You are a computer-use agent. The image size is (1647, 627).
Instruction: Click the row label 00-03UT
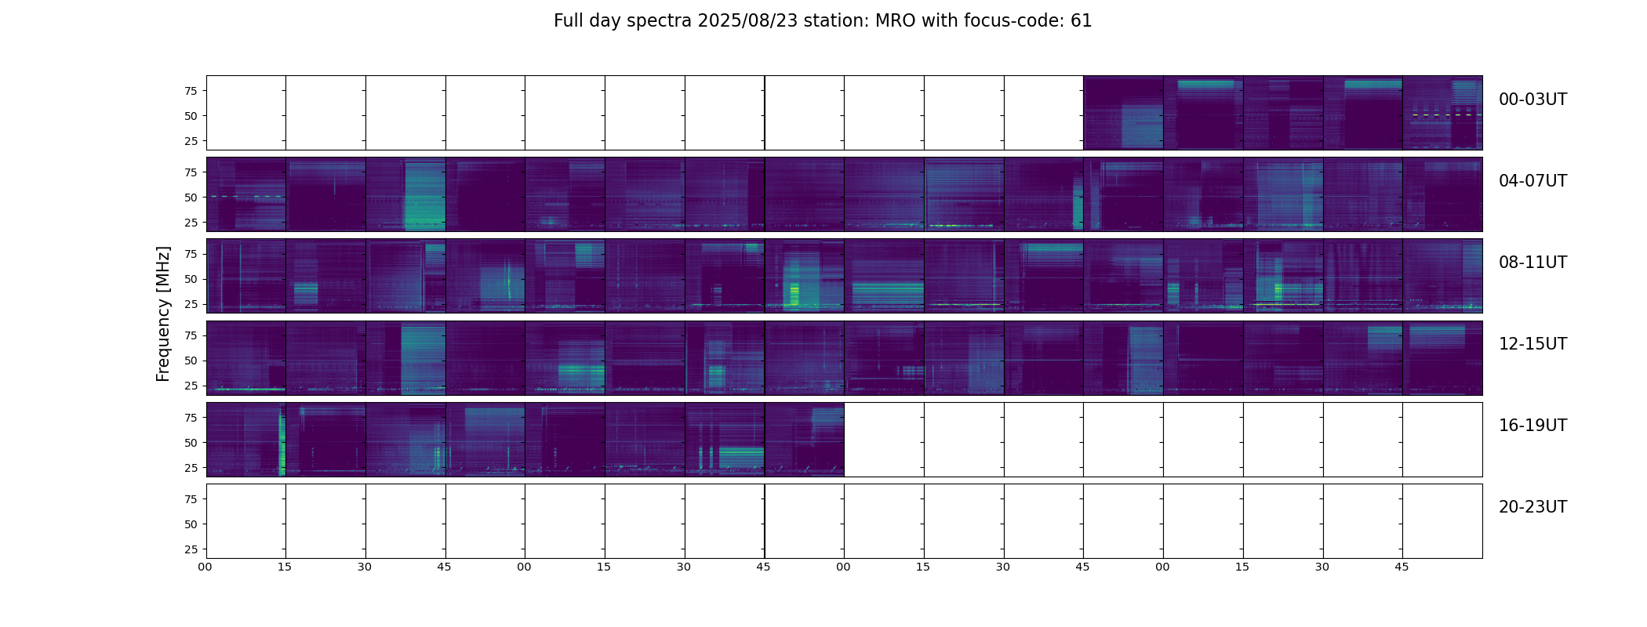point(1532,100)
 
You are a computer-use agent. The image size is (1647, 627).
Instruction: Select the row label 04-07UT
point(1532,181)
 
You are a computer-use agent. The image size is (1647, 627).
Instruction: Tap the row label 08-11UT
point(1532,263)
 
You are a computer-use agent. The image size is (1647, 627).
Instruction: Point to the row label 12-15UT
point(1532,344)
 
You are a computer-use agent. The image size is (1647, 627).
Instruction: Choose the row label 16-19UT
point(1532,426)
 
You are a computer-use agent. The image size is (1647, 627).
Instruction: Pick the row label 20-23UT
point(1532,507)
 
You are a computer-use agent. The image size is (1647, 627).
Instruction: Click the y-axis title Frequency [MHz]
point(163,313)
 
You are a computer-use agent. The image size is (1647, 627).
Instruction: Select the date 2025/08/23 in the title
point(747,21)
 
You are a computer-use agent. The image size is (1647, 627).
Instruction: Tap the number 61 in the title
point(1081,21)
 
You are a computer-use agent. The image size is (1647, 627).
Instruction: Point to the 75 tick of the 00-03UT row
point(190,91)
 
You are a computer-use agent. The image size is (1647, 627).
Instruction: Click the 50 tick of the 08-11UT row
point(190,279)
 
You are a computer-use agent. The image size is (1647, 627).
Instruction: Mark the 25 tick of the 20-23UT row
point(190,549)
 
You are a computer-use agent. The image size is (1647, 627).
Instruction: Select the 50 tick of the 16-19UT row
point(190,443)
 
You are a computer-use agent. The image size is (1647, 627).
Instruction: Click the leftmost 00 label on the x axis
point(205,567)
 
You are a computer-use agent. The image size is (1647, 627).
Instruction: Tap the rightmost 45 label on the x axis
point(1402,567)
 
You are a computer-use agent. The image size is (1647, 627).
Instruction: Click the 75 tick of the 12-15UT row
point(190,335)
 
